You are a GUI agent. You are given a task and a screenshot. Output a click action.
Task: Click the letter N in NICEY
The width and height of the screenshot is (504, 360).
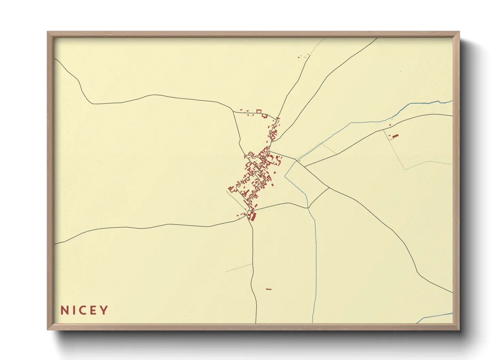pos(64,310)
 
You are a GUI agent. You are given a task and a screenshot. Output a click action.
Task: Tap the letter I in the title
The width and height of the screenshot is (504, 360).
pos(73,310)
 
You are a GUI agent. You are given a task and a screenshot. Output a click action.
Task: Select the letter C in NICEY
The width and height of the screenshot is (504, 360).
pos(83,310)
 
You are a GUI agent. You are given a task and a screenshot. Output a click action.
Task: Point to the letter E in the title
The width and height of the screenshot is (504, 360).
pos(93,310)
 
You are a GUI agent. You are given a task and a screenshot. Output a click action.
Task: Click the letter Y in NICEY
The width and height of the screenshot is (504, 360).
pos(104,310)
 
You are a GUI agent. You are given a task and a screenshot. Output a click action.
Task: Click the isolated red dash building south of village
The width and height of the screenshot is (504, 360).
pos(269,289)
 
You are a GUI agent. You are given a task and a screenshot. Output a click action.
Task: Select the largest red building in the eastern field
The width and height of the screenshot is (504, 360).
pos(395,136)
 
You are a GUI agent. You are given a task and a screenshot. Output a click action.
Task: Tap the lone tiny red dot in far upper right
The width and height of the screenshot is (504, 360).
pos(400,72)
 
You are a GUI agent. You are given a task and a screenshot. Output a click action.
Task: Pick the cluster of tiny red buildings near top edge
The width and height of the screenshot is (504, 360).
pos(303,55)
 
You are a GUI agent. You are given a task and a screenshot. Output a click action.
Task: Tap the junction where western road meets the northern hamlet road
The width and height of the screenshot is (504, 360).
pos(233,111)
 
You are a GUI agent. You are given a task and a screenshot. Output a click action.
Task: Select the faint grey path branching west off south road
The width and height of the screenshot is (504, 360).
pos(238,268)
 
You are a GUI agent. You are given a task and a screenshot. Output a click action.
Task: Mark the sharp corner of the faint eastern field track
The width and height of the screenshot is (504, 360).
pos(405,169)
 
